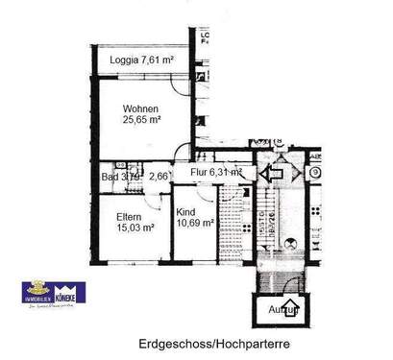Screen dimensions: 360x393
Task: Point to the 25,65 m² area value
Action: pos(140,121)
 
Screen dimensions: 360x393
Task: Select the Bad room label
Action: pos(111,177)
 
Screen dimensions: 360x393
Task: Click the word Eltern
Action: pos(122,216)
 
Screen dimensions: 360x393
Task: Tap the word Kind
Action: pos(188,211)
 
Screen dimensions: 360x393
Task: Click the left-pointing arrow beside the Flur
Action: pos(271,174)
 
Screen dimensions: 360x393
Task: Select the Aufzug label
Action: pos(284,311)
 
